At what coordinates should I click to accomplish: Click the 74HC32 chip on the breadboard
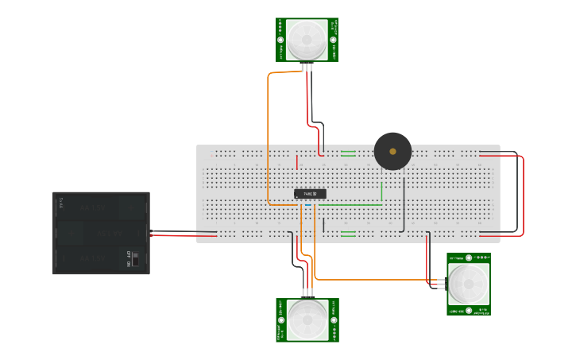(310, 193)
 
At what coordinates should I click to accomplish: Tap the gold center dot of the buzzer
(392, 151)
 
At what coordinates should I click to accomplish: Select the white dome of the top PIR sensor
(307, 39)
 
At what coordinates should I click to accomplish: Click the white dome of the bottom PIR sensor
(307, 319)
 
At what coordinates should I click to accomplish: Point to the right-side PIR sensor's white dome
(468, 284)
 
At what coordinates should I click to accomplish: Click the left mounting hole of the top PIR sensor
(281, 39)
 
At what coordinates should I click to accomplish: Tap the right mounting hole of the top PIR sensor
(333, 39)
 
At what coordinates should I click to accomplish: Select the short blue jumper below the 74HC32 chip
(307, 206)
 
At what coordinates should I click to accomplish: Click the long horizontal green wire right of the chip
(350, 205)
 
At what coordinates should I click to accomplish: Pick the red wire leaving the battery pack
(183, 236)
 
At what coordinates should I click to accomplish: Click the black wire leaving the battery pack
(183, 231)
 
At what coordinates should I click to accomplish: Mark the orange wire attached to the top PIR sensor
(268, 135)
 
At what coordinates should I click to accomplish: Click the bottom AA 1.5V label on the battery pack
(95, 259)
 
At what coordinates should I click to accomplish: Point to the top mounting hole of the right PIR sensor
(469, 258)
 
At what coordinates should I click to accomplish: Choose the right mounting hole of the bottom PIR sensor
(334, 319)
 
